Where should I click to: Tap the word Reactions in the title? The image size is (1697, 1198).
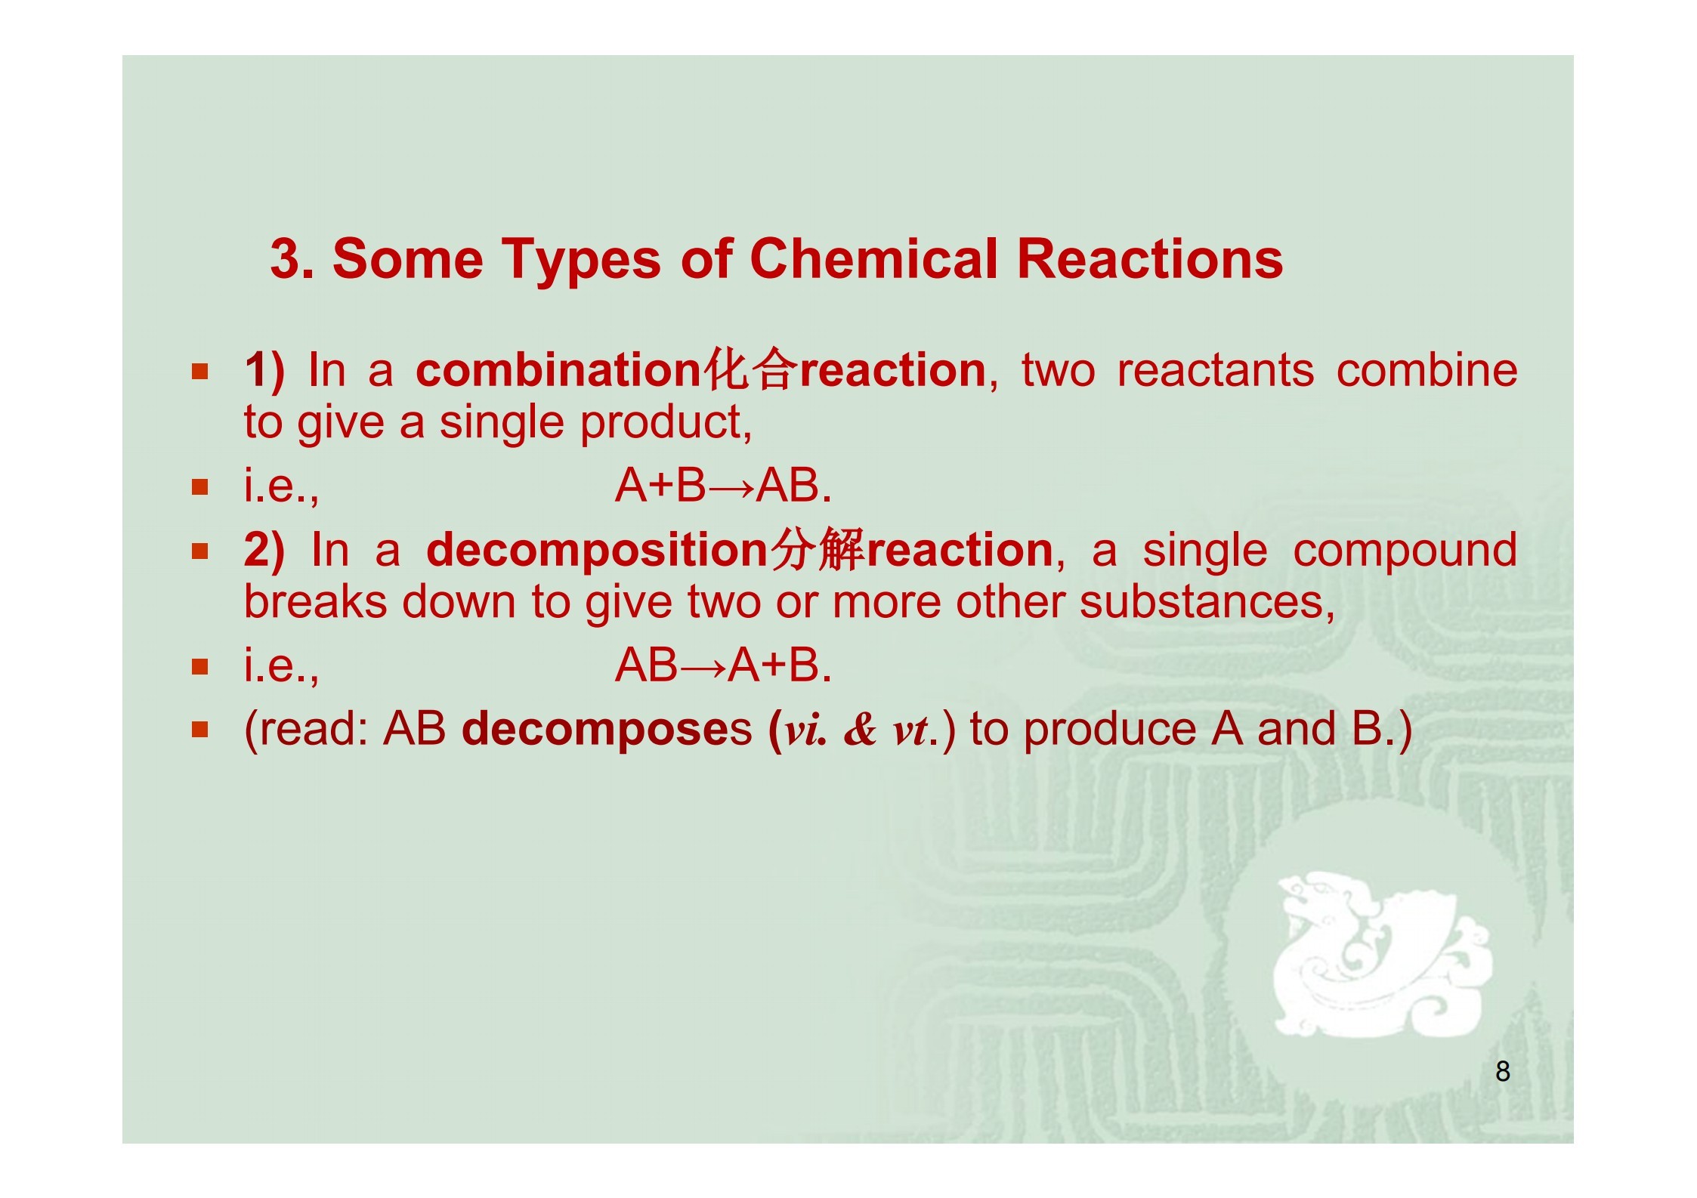pos(1150,258)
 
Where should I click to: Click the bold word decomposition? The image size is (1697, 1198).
pos(597,550)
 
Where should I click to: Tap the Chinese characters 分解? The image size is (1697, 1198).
pos(816,549)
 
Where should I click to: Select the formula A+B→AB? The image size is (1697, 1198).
pos(723,485)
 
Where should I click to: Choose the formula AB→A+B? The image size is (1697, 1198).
pos(723,665)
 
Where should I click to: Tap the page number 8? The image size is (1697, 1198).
pos(1503,1071)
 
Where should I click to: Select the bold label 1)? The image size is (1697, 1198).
pos(264,371)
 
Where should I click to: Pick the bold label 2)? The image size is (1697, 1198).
pos(264,551)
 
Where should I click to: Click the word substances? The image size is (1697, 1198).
pos(1207,603)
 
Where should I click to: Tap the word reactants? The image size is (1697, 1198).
pos(1215,371)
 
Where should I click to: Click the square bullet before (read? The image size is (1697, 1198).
pos(199,730)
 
